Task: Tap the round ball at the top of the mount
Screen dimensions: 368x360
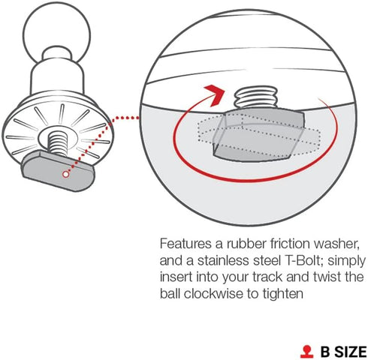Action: (56, 32)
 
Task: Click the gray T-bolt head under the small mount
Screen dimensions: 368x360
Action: (59, 171)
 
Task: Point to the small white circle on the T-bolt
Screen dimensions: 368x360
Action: (65, 174)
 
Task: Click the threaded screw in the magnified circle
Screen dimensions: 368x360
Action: (256, 98)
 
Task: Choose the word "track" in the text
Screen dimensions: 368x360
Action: (267, 277)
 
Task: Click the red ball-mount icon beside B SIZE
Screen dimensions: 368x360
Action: (307, 352)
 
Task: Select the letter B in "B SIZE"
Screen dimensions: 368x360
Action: (325, 352)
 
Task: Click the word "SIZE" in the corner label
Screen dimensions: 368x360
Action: (351, 352)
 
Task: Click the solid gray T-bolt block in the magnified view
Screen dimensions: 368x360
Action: (259, 136)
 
